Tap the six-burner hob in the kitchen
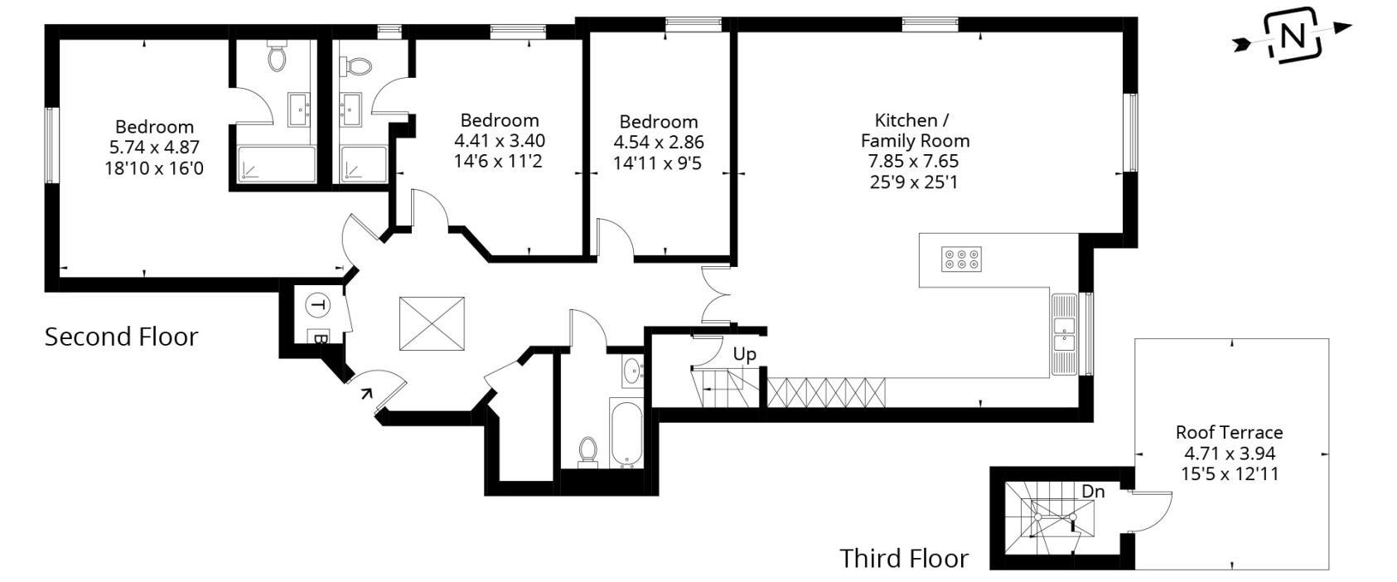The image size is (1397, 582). coord(961,259)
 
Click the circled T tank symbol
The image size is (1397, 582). coord(317,305)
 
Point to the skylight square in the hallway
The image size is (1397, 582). coord(432,324)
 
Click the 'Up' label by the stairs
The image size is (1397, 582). coord(744,355)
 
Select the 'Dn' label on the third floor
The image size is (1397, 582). coord(1093,492)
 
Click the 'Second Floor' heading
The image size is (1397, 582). coord(121,337)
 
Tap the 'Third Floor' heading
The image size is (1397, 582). coord(903,558)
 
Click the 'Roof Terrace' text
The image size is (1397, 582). coord(1229,432)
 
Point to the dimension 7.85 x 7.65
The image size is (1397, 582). coord(914,162)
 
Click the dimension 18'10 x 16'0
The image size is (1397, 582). coord(156,168)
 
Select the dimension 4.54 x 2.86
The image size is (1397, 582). coord(658,143)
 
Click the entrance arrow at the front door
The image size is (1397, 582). coord(365,392)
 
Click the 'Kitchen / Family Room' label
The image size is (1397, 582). coord(914,130)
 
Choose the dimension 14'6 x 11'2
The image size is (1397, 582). coord(498,161)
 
